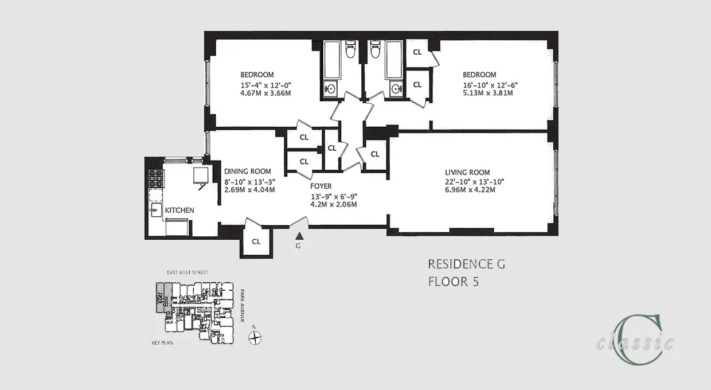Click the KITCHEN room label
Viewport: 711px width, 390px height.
tap(179, 210)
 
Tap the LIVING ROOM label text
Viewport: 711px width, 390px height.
tap(467, 172)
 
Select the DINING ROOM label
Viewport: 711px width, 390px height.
tap(247, 171)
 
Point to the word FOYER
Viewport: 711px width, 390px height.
tap(321, 186)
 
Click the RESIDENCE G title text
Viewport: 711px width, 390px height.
tap(466, 264)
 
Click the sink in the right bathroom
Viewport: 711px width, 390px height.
tap(396, 88)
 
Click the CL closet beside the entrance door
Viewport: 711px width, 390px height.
tap(256, 241)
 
